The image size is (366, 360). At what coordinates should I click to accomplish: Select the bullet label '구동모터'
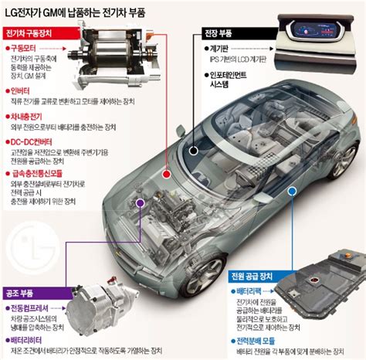click(26, 49)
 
